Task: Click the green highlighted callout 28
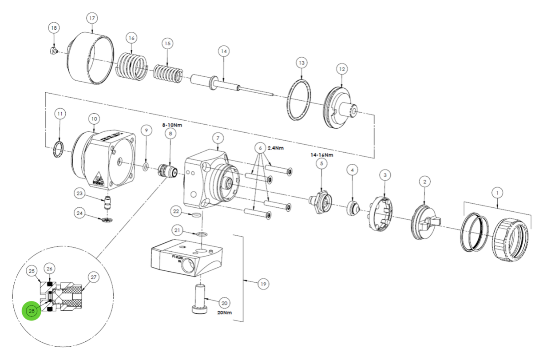(32, 311)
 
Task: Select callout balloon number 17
(92, 19)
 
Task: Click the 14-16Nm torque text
(322, 155)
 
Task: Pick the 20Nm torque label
(224, 313)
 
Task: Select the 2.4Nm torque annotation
(276, 148)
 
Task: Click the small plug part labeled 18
(53, 51)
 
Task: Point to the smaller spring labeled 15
(168, 74)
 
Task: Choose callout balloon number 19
(264, 284)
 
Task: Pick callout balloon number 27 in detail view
(93, 277)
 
